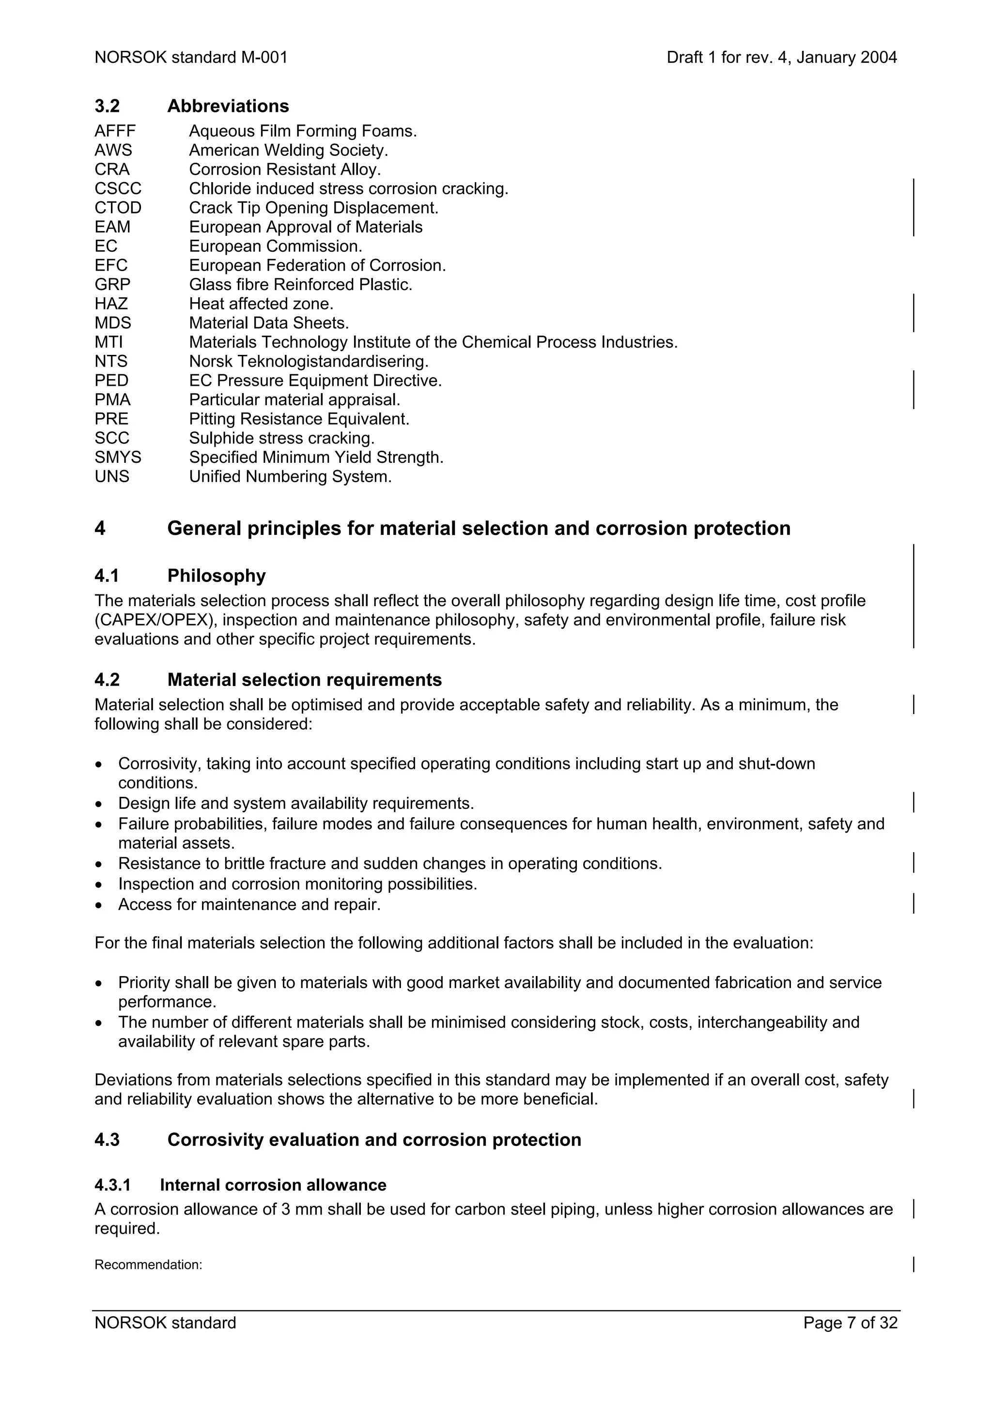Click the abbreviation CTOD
point(118,208)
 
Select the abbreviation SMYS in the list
point(118,457)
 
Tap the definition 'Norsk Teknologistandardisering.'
point(309,361)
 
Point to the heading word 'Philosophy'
point(217,576)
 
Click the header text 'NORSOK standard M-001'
point(191,58)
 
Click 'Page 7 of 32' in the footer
point(850,1323)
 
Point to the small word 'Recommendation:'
point(148,1265)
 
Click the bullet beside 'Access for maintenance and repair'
point(99,905)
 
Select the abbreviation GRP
point(112,284)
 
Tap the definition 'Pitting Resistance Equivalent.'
point(299,419)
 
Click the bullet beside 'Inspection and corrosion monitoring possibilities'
point(99,885)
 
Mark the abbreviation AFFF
point(115,131)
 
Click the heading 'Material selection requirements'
point(304,680)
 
